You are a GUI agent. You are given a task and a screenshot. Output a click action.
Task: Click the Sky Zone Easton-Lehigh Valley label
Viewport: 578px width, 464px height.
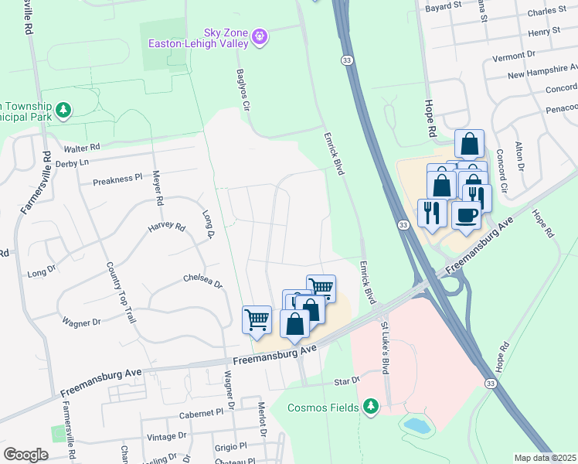point(203,38)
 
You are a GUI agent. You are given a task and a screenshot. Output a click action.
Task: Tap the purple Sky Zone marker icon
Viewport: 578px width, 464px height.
point(260,36)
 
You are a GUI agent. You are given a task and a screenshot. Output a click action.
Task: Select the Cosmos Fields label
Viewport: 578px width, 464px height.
point(323,408)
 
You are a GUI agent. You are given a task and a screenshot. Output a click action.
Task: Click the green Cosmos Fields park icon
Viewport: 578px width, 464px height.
point(371,406)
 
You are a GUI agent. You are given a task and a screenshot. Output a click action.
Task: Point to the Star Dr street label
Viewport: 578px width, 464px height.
point(347,381)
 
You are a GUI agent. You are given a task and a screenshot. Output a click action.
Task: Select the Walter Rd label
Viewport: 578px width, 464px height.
point(83,147)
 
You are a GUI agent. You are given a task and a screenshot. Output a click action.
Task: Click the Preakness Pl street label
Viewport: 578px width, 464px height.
point(117,179)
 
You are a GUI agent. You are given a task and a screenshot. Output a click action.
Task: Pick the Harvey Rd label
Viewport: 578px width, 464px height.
point(167,227)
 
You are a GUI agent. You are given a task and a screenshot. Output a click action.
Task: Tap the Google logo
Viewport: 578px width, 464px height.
point(25,454)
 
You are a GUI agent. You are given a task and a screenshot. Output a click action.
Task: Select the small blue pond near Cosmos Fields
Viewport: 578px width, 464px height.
point(417,425)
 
